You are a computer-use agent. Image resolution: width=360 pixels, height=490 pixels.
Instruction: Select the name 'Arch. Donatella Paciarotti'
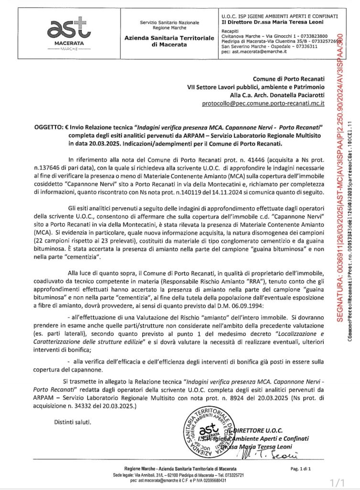285,94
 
